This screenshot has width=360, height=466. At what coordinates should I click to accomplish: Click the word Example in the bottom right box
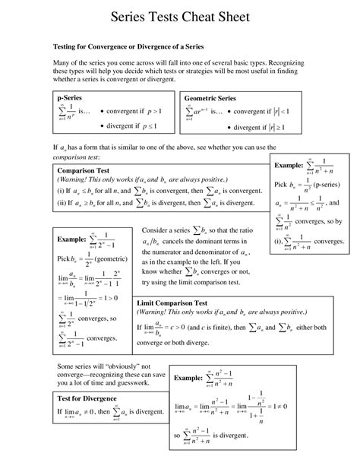(x=188, y=378)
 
